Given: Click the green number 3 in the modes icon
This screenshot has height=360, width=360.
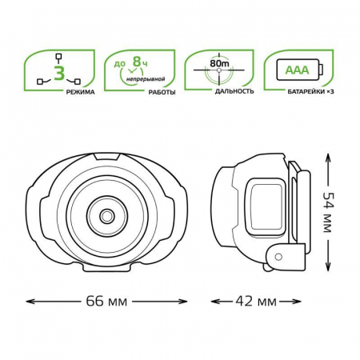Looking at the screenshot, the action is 59,74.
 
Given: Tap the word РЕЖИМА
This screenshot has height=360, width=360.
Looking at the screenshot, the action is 81,92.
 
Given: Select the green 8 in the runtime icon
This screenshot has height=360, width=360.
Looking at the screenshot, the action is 137,62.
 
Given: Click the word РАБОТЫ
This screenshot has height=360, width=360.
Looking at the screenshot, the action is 162,92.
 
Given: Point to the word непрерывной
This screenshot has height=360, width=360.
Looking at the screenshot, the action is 146,79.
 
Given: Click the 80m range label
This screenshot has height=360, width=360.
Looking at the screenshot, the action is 219,64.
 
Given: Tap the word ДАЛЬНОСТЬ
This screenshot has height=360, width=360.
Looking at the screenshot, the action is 234,91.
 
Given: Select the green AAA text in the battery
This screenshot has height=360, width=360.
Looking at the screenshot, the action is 297,70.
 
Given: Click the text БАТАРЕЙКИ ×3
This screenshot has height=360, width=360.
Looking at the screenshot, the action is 310,92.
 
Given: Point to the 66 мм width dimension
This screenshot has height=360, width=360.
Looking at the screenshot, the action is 106,302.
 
